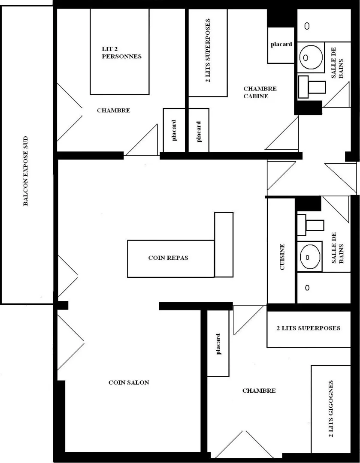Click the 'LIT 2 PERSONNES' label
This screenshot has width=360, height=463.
(x=121, y=53)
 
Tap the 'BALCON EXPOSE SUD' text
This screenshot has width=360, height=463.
(x=26, y=171)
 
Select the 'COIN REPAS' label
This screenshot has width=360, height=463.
(x=168, y=258)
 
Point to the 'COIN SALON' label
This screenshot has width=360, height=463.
(x=129, y=382)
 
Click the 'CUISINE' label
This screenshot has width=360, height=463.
(x=282, y=257)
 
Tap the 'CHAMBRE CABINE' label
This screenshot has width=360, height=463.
(x=260, y=92)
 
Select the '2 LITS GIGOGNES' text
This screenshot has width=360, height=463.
(x=330, y=409)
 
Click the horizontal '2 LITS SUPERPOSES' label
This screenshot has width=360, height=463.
(x=308, y=328)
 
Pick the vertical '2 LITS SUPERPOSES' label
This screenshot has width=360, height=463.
(x=208, y=51)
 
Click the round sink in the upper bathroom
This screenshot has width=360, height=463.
(x=311, y=57)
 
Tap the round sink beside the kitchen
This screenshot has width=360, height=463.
(x=310, y=257)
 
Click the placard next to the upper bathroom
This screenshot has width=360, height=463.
(x=281, y=45)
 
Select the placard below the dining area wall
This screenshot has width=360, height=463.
(x=218, y=343)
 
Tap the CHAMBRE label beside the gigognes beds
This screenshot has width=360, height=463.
(x=259, y=391)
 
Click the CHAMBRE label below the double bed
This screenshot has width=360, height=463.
(x=114, y=111)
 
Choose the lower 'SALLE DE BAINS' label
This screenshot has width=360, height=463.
(x=337, y=248)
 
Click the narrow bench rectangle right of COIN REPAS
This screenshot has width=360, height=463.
(x=224, y=244)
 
